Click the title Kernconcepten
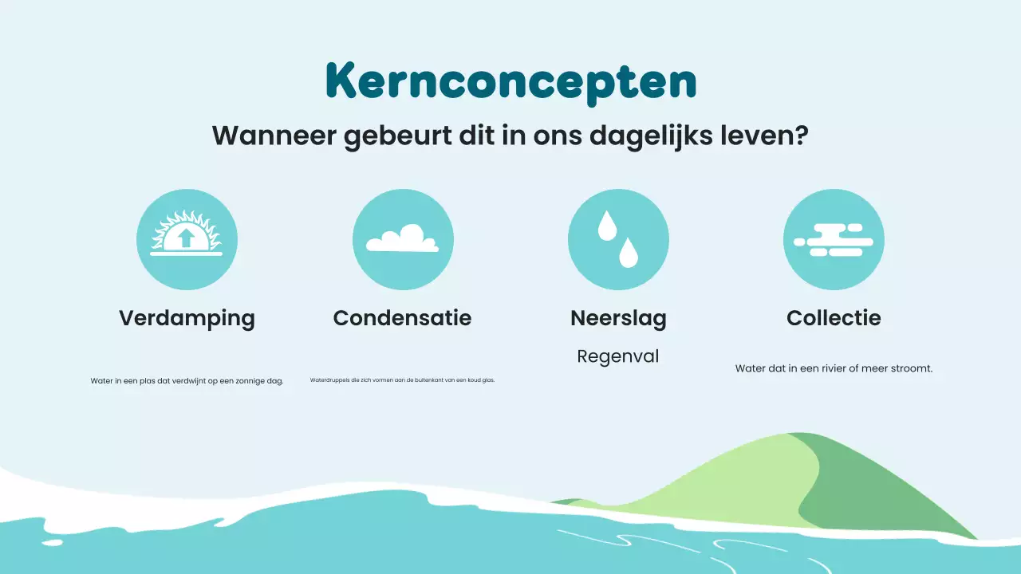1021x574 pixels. [x=510, y=80]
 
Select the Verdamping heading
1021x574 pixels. [x=187, y=318]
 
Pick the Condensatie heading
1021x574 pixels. [x=402, y=318]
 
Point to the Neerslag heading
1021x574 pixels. [x=618, y=318]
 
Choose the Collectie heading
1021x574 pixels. [x=834, y=318]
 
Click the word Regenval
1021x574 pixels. [x=618, y=356]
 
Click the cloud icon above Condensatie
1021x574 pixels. [x=402, y=239]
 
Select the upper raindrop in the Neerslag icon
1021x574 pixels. [x=608, y=225]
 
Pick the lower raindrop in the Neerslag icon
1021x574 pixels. [x=629, y=253]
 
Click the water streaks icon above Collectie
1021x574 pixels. [x=834, y=240]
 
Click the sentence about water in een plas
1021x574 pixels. [x=187, y=381]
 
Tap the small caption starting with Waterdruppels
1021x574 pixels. [x=402, y=380]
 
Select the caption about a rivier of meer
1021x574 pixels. [x=834, y=368]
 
